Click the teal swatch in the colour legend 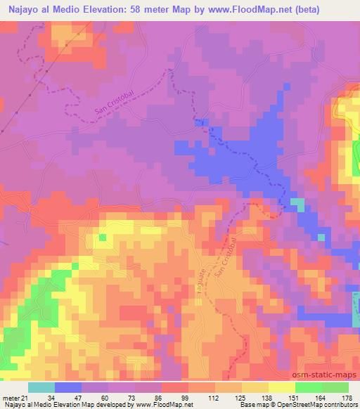point(41,387)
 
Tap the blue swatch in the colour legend point(68,387)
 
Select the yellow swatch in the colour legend point(281,387)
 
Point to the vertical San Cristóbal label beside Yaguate point(228,261)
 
